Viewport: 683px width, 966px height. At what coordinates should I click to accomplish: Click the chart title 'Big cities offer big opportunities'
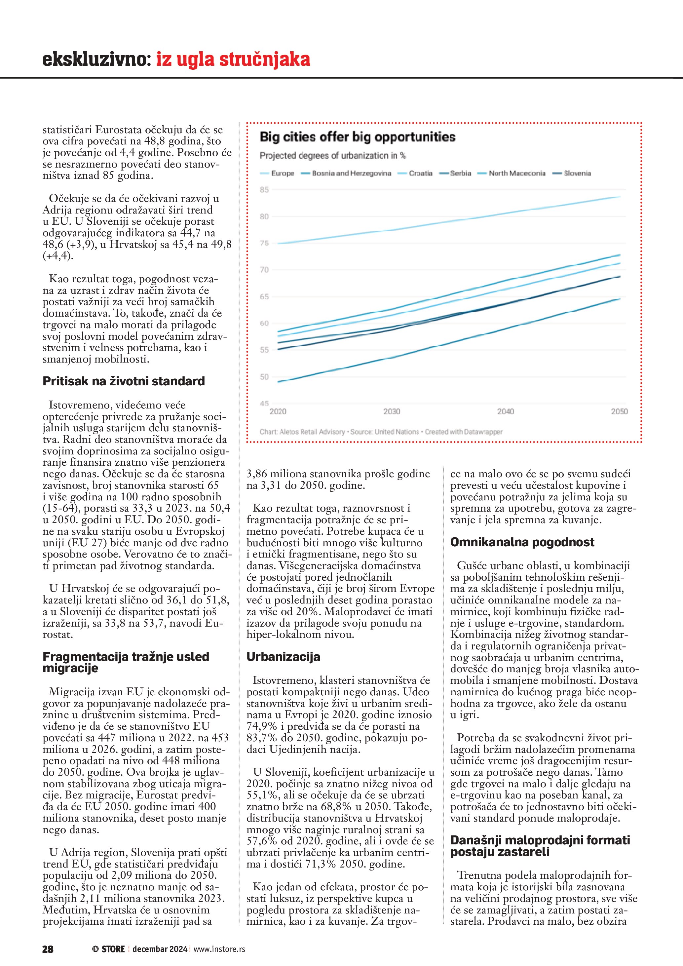357,137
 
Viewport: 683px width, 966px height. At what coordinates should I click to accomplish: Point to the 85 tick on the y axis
264,190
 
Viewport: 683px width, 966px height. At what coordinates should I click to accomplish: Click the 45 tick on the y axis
264,404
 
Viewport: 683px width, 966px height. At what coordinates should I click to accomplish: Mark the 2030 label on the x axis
392,411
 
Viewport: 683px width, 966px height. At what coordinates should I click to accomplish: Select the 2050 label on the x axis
619,411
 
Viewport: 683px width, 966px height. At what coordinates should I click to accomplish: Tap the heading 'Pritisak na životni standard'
124,381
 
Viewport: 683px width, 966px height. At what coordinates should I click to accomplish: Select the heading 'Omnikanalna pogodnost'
522,542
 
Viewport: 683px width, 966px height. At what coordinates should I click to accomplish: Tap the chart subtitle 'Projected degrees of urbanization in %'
332,156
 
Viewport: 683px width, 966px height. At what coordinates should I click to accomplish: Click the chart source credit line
381,432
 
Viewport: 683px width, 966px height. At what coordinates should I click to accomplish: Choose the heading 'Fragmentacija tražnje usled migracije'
126,662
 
